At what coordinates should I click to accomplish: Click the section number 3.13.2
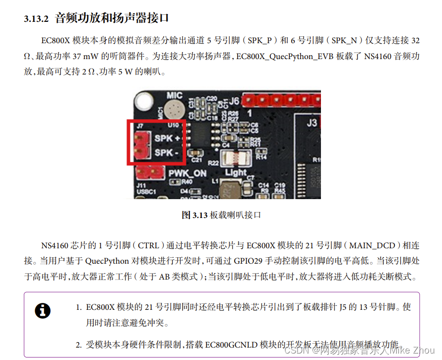coord(36,19)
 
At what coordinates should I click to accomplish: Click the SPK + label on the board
coord(167,138)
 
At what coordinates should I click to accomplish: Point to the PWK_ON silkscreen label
coord(187,173)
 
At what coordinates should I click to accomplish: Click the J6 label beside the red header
coord(234,101)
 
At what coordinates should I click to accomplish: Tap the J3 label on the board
coord(312,123)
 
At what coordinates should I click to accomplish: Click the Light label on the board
coord(236,172)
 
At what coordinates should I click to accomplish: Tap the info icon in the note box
coord(43,311)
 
